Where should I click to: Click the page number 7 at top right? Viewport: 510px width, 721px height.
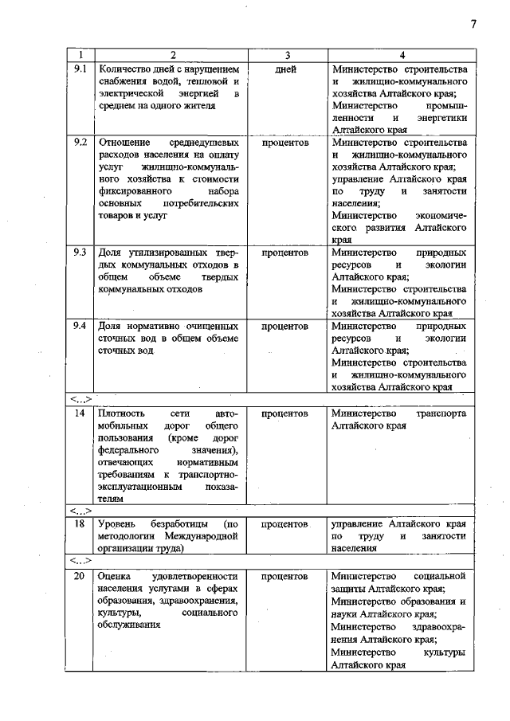pos(473,25)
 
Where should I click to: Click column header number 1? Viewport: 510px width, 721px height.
pos(80,55)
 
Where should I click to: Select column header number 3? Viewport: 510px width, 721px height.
pos(286,55)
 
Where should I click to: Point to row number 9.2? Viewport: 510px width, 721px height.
pos(80,142)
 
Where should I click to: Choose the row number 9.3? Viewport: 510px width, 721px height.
pos(80,251)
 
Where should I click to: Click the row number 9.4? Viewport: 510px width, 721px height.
pos(80,326)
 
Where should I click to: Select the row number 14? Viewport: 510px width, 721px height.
pos(79,413)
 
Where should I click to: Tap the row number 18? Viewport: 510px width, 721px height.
pos(79,524)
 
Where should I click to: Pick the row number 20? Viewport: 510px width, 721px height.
pos(79,575)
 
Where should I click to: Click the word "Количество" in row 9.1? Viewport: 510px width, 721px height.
pos(124,69)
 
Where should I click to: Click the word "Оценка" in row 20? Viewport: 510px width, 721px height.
pos(113,575)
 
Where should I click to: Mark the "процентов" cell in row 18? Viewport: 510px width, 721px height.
pos(285,524)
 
